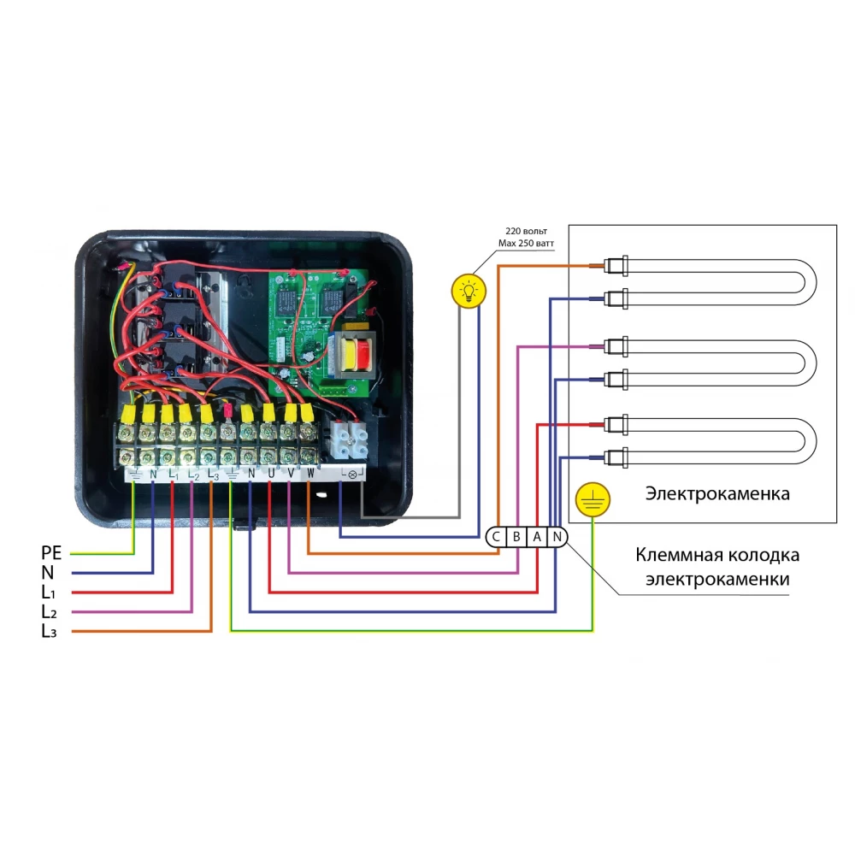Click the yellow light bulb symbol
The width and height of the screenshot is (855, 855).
pos(468,292)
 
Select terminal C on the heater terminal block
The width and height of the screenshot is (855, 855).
pos(497,537)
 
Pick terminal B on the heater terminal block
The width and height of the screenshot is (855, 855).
pos(516,537)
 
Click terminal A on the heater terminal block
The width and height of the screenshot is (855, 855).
pos(537,537)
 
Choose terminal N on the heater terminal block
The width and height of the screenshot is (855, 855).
pos(557,537)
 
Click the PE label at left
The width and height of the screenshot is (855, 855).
pos(51,553)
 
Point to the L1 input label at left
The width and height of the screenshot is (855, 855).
pos(49,592)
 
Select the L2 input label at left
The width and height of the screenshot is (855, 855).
pos(49,612)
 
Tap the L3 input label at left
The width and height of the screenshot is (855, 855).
pos(49,632)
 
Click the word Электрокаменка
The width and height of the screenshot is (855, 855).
pos(717,493)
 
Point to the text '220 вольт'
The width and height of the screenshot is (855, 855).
pos(526,232)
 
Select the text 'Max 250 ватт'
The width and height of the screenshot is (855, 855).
pos(526,244)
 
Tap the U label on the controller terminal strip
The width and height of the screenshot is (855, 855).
pos(270,472)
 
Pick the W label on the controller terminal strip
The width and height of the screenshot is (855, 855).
pos(310,472)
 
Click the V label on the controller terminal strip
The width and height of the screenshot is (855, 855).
pos(290,472)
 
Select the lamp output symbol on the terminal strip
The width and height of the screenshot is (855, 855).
pos(351,472)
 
